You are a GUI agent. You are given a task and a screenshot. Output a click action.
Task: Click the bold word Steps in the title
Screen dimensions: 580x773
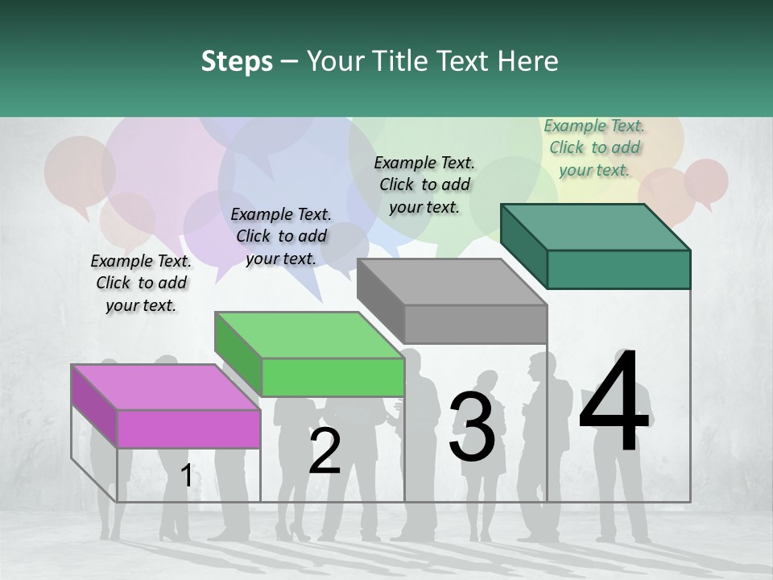237,61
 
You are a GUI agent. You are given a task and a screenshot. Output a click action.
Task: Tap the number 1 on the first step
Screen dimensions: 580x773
186,475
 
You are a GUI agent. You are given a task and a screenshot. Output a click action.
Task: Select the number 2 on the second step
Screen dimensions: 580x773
324,451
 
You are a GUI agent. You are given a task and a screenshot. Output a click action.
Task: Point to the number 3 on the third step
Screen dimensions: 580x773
472,427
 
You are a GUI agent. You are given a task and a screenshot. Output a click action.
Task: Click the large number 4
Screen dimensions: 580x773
614,402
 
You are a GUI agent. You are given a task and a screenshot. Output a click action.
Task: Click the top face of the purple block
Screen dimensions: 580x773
164,387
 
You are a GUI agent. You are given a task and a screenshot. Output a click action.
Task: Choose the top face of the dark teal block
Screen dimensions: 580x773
595,227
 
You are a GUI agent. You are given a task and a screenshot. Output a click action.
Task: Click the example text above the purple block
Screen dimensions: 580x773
141,283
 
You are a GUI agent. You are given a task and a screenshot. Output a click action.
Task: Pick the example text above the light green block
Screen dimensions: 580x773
281,236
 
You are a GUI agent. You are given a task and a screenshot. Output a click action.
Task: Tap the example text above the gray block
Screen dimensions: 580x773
424,184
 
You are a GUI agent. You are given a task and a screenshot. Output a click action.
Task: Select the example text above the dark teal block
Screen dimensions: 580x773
594,147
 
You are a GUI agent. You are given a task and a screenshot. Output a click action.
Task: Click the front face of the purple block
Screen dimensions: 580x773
188,428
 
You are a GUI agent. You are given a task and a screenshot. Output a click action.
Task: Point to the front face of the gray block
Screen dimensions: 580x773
475,325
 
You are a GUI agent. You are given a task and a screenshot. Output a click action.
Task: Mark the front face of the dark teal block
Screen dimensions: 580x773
618,269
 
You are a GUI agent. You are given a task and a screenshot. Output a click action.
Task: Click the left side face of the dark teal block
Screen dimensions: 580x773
523,246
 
